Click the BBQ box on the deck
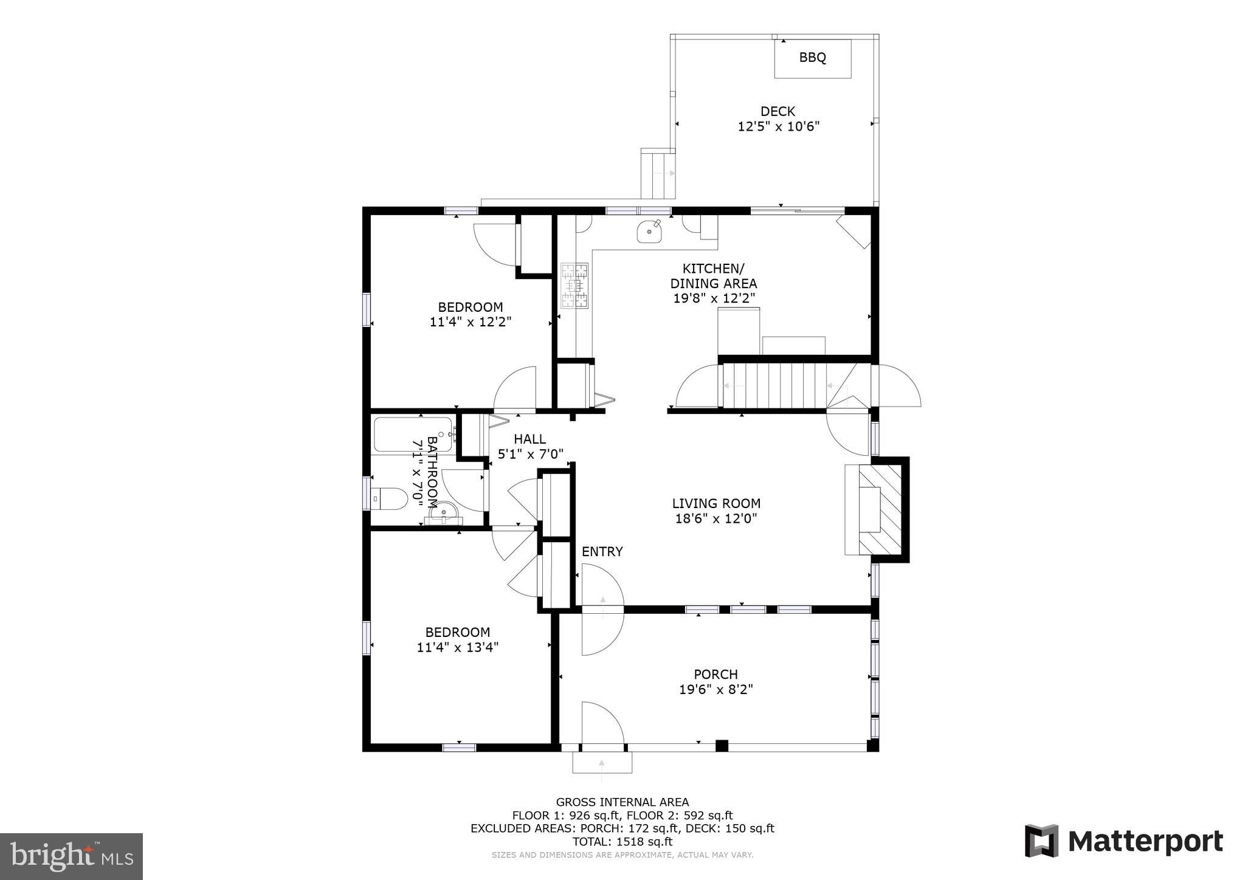point(812,58)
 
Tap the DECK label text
point(778,111)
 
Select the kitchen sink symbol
point(649,232)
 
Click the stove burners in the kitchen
point(574,284)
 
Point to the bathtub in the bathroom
point(413,434)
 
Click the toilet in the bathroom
point(389,499)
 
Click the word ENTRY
point(602,551)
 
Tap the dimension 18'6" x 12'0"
point(716,518)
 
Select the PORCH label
point(716,674)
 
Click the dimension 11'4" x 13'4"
point(458,647)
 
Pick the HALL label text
point(529,439)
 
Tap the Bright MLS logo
point(71,856)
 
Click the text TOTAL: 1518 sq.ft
point(622,842)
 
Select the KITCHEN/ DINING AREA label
point(713,276)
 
